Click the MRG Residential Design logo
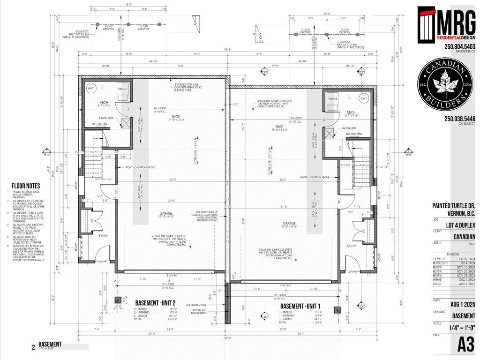(x=447, y=24)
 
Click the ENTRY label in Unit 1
(x=351, y=246)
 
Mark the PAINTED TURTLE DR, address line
(x=454, y=206)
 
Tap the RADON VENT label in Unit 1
(x=349, y=127)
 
